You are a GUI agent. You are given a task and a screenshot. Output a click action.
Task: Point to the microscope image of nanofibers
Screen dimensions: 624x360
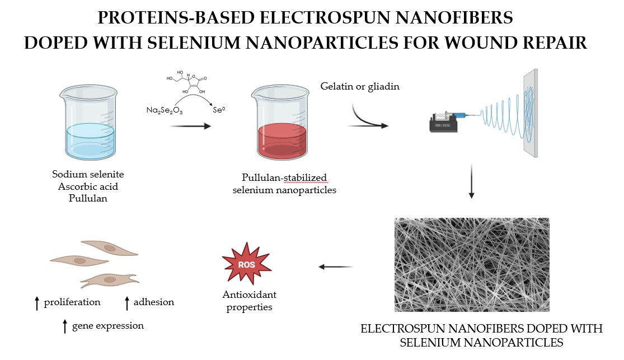point(472,265)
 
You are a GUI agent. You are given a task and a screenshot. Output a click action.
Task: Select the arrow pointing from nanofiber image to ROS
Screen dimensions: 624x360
point(336,267)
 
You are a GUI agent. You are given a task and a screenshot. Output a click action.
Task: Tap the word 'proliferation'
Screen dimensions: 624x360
point(73,302)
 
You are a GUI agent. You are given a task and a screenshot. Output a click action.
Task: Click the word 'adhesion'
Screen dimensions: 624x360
point(154,302)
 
